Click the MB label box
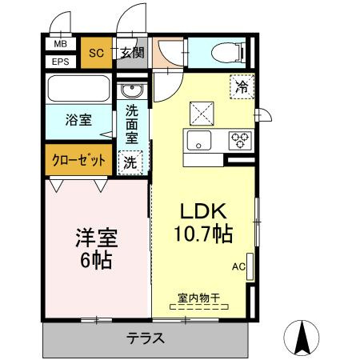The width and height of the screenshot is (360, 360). point(61,46)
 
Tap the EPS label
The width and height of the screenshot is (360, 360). point(61,62)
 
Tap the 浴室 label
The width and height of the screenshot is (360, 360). point(78,121)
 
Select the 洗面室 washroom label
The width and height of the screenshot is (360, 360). point(132,124)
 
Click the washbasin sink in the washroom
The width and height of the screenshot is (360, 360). point(131,89)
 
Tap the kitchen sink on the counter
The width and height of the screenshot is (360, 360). point(198,142)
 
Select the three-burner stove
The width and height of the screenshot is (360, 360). point(239,141)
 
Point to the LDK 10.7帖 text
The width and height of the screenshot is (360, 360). point(205,224)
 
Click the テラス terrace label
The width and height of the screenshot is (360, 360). point(146,338)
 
